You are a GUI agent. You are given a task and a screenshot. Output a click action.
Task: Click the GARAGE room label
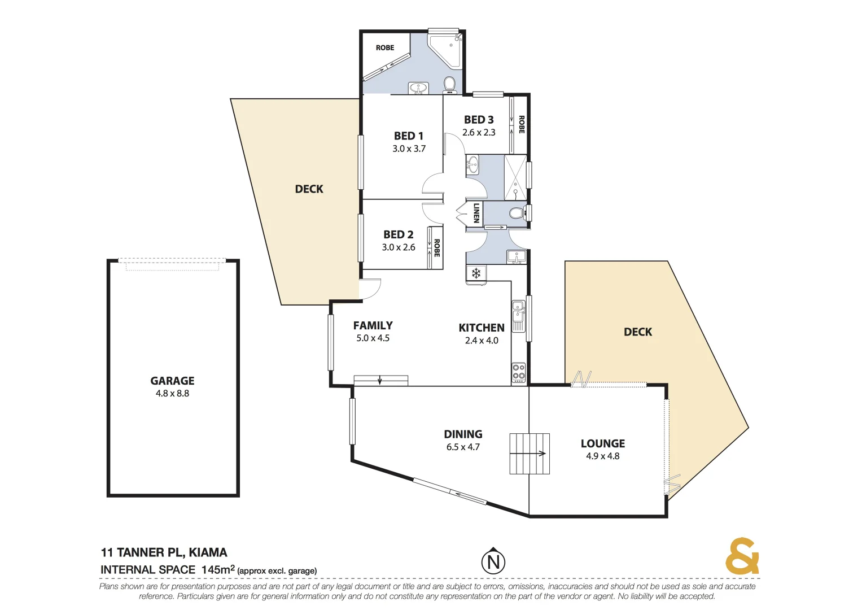pos(172,381)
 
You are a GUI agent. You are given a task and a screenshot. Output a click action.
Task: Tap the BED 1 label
pos(409,136)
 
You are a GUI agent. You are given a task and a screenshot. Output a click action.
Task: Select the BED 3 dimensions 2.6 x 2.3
pos(479,132)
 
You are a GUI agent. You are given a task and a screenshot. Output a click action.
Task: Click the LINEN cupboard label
pos(476,213)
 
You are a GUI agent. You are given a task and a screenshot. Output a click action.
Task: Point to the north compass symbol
pos(493,561)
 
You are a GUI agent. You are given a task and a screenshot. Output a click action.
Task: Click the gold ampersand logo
pos(742,556)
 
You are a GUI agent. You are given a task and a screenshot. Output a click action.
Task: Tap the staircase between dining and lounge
pos(530,454)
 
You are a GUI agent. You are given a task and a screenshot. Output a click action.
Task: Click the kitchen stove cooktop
pos(518,372)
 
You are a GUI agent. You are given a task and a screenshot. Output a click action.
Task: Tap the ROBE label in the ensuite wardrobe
pos(385,47)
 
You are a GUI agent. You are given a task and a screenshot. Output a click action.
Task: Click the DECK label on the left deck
pos(309,189)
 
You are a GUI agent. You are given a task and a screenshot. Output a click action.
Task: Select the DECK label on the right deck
pos(638,332)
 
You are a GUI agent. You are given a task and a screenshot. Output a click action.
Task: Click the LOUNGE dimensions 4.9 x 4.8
pos(602,456)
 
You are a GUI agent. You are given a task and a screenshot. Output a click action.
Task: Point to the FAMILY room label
pos(373,325)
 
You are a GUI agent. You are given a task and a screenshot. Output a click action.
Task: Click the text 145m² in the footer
pos(218,569)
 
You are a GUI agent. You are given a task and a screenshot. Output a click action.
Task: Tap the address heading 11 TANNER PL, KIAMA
pos(164,552)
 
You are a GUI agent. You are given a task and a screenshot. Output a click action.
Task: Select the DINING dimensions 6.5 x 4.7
pos(463,447)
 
